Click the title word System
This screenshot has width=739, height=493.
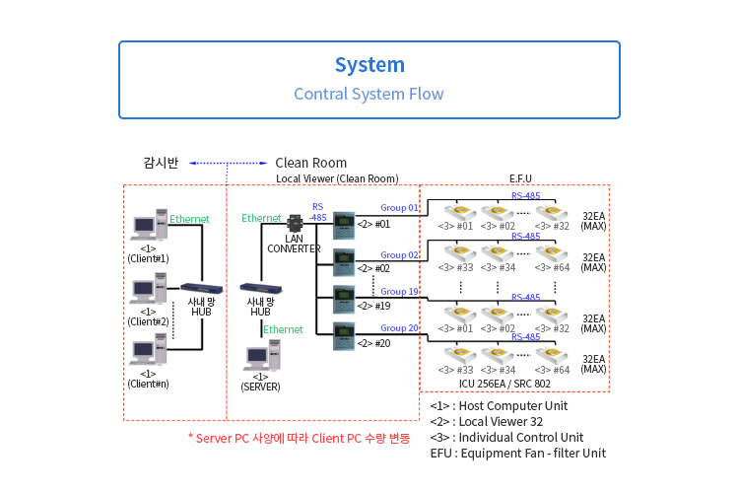tap(369, 65)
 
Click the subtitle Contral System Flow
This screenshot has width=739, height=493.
tap(369, 95)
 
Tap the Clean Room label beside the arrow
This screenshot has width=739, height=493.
tap(310, 163)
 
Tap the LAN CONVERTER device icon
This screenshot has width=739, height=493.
tap(294, 224)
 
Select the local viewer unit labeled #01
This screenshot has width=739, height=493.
tap(343, 224)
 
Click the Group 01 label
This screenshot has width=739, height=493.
tap(400, 208)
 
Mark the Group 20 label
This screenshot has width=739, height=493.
tap(400, 328)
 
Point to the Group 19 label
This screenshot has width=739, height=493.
tap(400, 292)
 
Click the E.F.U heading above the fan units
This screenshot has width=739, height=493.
tap(520, 178)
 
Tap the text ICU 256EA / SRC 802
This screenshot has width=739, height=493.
tap(504, 384)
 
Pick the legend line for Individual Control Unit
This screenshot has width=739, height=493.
tap(506, 437)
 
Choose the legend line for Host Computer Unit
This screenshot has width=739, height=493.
tap(499, 405)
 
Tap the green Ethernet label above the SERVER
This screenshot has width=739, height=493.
tap(283, 329)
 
